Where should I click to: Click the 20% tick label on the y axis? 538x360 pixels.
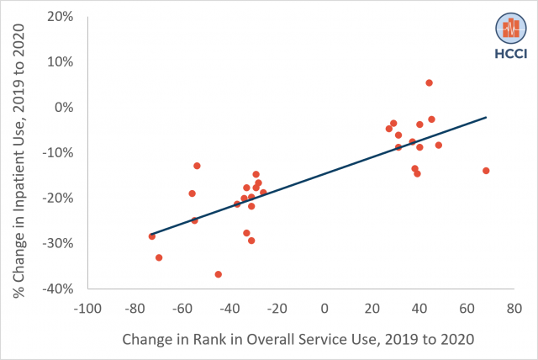point(59,17)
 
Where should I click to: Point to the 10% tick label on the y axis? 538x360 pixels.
point(59,62)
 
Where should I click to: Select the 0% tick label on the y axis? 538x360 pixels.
point(63,108)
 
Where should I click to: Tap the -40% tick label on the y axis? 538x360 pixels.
point(56,289)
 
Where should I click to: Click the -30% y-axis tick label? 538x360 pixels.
point(56,243)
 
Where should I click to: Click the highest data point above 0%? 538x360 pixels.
point(429,82)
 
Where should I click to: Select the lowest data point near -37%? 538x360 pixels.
point(219,274)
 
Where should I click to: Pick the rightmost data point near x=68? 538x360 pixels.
point(486,171)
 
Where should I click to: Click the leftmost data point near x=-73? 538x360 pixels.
point(152,236)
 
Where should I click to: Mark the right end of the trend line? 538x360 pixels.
point(486,118)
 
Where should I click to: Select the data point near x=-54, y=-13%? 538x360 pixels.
point(197,166)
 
